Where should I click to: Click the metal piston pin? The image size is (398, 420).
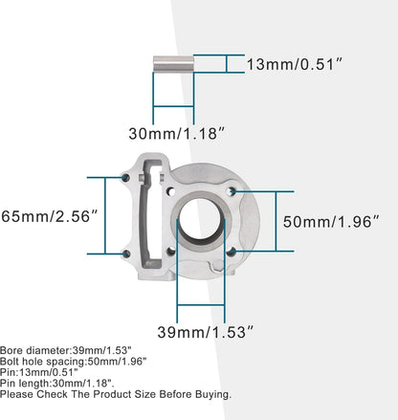click(173, 64)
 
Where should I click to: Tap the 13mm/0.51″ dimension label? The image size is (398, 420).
click(295, 64)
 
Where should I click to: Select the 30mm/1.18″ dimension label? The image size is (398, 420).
click(177, 133)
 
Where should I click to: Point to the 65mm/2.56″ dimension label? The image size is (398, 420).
click(49, 216)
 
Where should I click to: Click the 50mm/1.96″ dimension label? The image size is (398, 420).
click(332, 221)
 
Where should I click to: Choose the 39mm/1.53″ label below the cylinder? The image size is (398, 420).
click(206, 332)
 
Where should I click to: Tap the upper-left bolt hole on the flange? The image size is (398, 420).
click(126, 178)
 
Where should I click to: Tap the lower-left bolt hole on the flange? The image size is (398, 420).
click(126, 254)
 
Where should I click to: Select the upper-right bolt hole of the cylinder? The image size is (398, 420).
click(231, 191)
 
